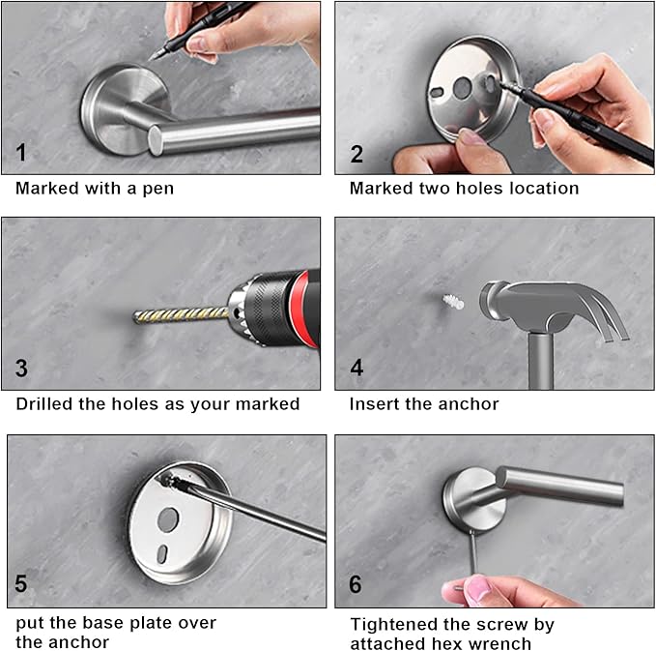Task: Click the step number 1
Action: coord(21,153)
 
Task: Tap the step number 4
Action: coord(357,368)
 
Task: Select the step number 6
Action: coord(356,584)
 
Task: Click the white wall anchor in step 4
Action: coord(453,302)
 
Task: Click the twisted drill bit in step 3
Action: coord(182,314)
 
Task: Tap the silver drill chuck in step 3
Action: coord(238,311)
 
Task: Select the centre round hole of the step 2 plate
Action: coord(463,88)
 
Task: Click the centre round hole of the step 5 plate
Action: coord(168,519)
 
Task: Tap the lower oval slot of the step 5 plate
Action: coord(162,554)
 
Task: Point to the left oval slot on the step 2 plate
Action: coord(437,92)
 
